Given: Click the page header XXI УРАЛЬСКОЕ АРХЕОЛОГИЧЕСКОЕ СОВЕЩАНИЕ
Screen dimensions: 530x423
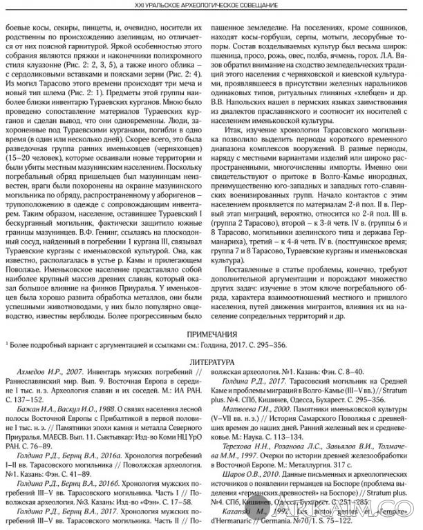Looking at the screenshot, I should (x=211, y=6).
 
